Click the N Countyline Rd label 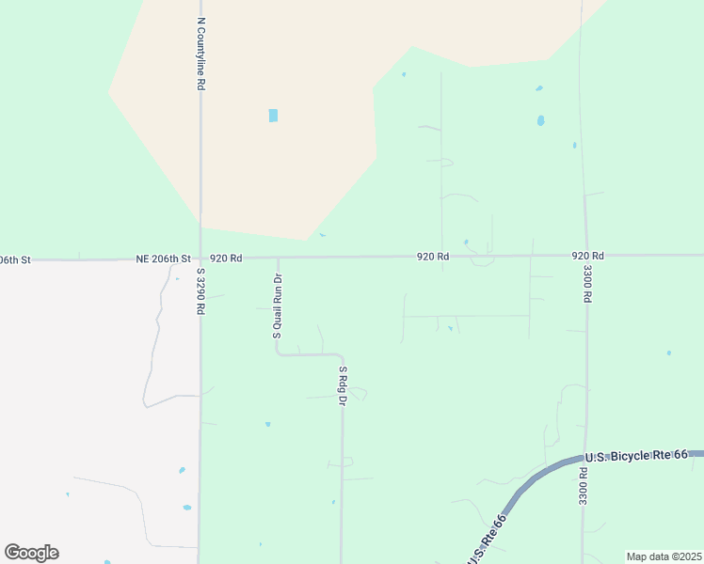[201, 54]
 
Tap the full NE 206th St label [163, 258]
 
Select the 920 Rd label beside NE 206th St [226, 258]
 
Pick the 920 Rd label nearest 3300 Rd [587, 256]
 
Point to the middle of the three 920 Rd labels [434, 257]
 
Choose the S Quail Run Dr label [278, 305]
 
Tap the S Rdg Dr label [344, 386]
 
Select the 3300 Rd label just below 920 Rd [586, 283]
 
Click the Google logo [31, 553]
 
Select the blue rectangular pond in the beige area [273, 116]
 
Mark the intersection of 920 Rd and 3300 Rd [586, 256]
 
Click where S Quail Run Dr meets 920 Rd [278, 257]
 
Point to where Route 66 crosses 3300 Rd [586, 458]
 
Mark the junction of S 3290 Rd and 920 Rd [200, 258]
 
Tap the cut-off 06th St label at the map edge [15, 258]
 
